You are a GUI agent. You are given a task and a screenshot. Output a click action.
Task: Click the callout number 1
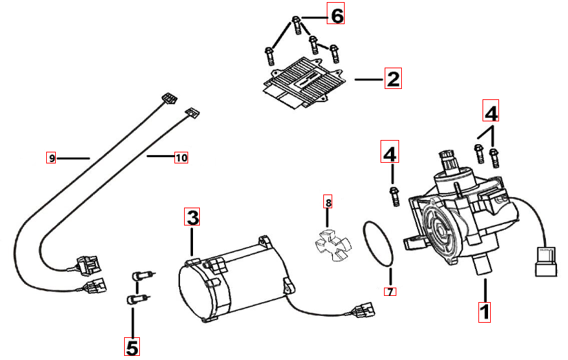tap(485, 311)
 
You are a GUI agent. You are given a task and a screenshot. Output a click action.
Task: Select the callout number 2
tap(392, 78)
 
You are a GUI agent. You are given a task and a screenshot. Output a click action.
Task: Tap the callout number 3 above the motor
tap(192, 218)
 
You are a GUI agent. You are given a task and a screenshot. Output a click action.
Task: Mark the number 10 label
tap(181, 158)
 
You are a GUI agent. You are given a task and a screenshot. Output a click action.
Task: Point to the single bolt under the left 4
tap(394, 195)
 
